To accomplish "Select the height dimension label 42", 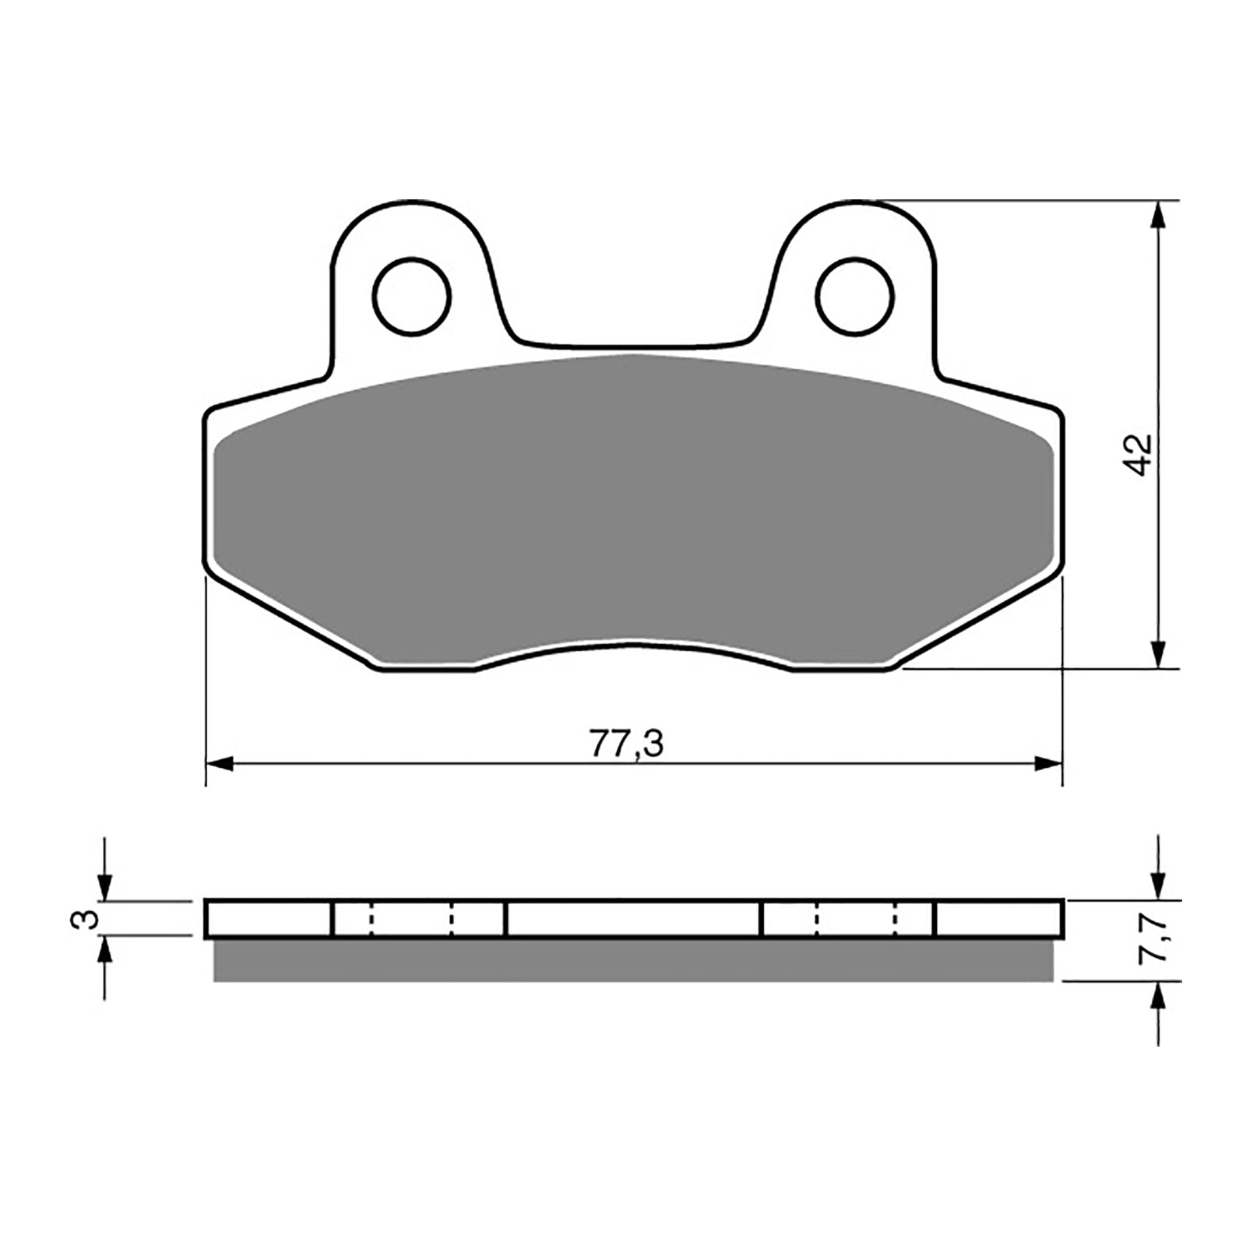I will click(1139, 455).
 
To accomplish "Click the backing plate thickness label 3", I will click(90, 918).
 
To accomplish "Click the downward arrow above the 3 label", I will click(104, 886).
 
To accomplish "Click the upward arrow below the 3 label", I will click(104, 952).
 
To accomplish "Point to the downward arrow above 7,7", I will click(1160, 886).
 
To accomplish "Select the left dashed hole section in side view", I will click(412, 919).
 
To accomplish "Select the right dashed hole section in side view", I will click(857, 919).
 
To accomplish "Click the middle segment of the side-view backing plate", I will click(632, 919).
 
